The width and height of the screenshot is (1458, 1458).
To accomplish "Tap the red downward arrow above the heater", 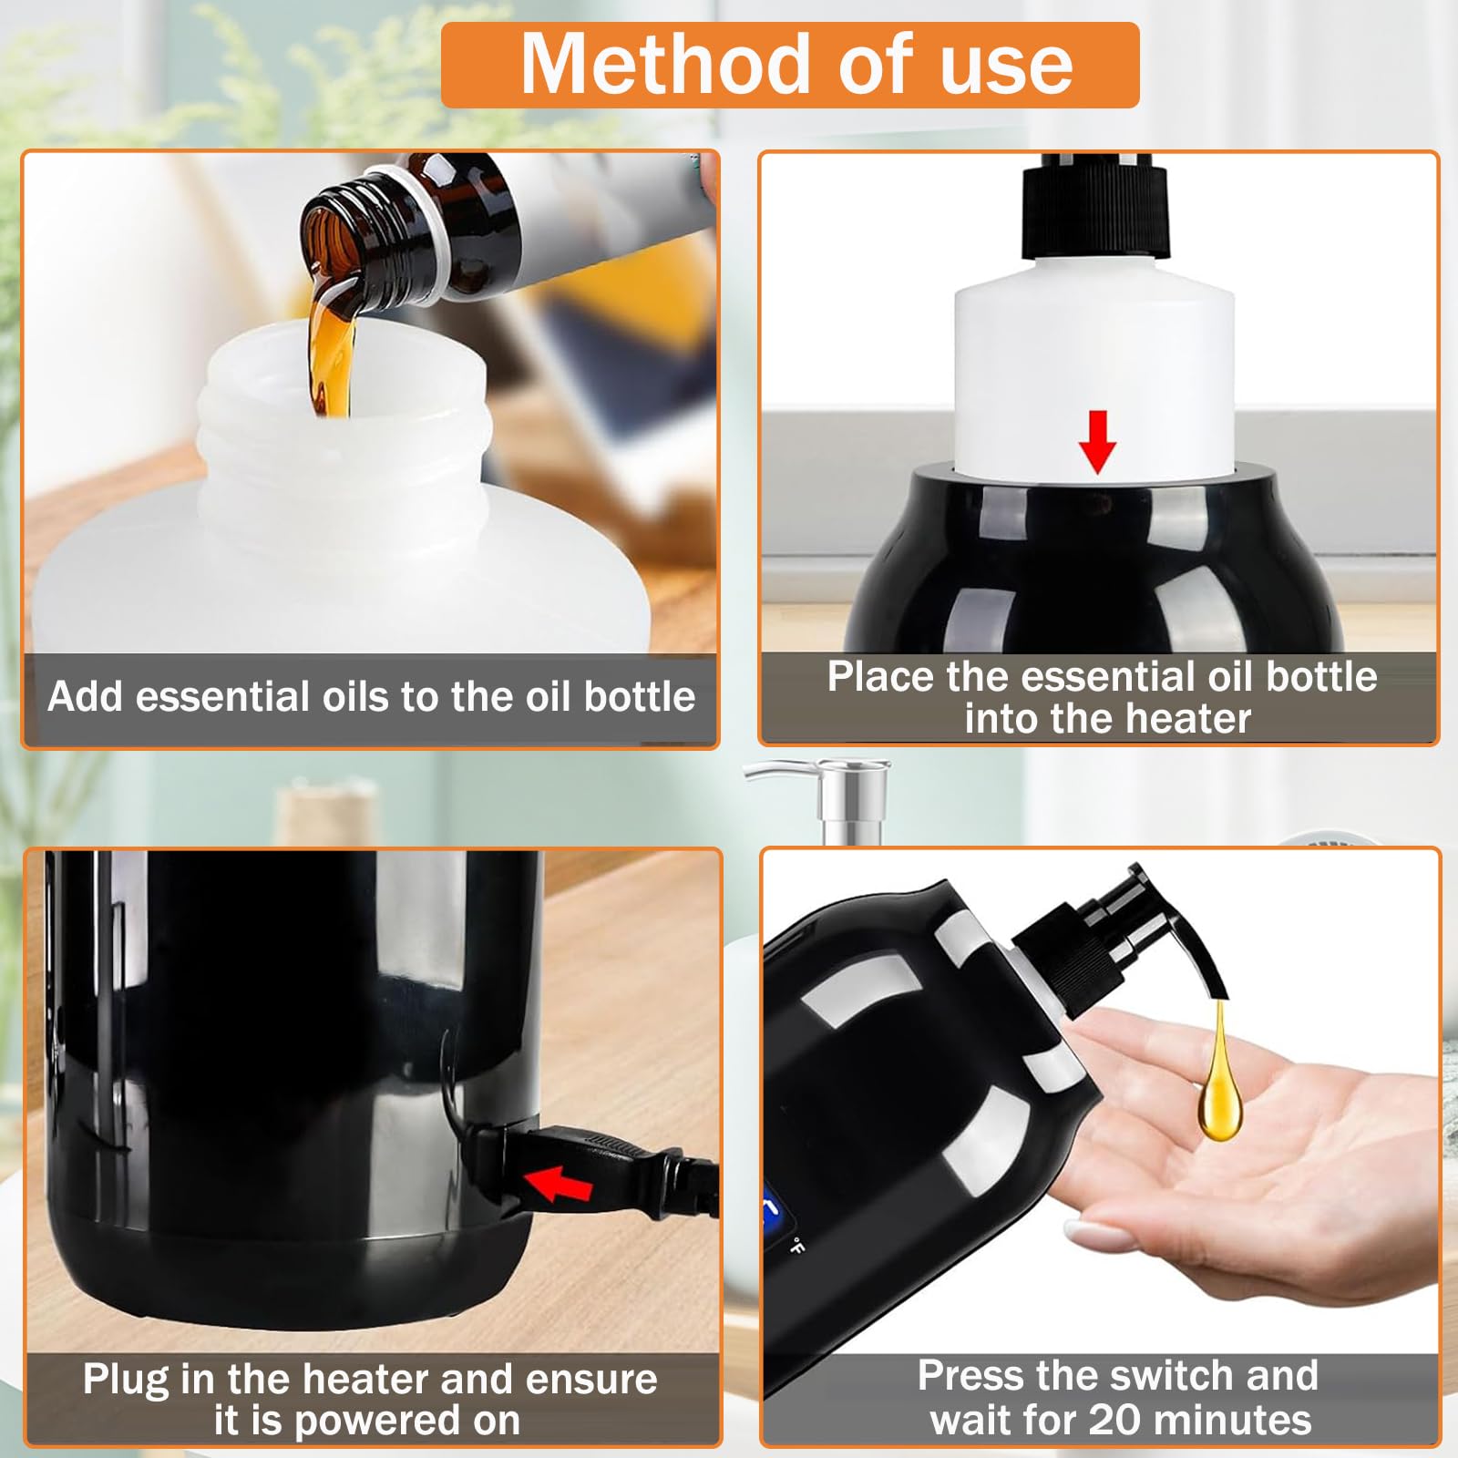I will coord(1097,441).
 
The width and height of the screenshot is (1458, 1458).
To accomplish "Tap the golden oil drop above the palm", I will coord(1218,1084).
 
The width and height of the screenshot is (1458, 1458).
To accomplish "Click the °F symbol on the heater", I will coord(796,1246).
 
